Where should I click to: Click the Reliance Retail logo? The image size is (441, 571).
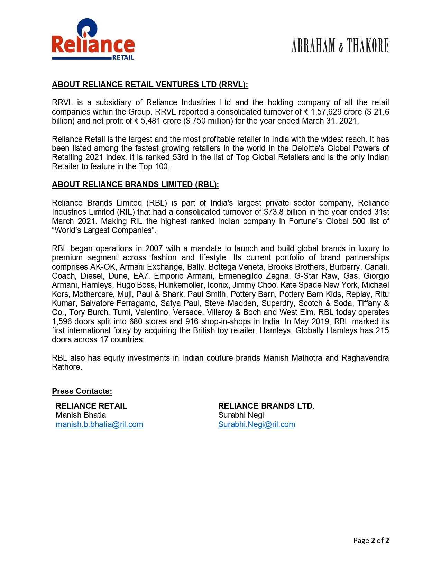tap(93, 40)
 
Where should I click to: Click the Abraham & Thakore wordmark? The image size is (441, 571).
tap(340, 46)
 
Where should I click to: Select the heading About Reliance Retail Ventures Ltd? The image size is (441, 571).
tap(150, 84)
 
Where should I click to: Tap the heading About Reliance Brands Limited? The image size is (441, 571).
tap(135, 184)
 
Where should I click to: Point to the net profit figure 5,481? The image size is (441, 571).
tap(150, 121)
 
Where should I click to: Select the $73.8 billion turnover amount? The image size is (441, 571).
tap(280, 212)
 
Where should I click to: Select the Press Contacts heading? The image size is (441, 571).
tap(82, 391)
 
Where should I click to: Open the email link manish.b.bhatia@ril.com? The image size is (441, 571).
tap(99, 424)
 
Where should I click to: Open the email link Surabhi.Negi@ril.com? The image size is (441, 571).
tap(257, 424)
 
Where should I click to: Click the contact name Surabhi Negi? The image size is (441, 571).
tap(241, 415)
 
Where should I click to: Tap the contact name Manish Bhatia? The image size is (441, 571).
tap(81, 415)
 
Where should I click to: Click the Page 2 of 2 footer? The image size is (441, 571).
tap(371, 540)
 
